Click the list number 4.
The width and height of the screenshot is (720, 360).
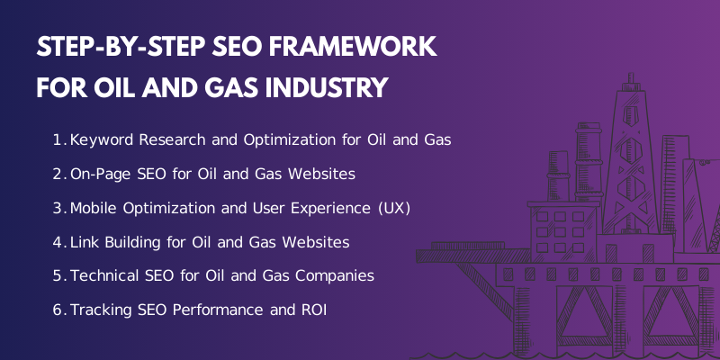point(58,242)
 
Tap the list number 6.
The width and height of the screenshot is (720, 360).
point(58,310)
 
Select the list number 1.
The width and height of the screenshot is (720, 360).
point(58,140)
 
